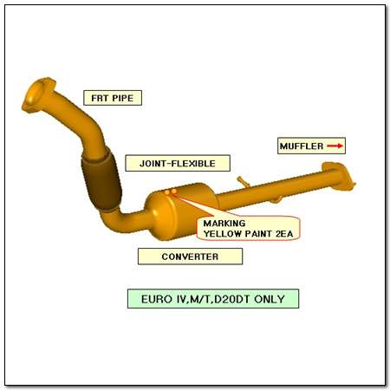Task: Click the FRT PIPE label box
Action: click(x=113, y=98)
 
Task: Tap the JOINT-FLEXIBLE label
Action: click(x=178, y=163)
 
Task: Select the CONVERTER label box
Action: click(x=190, y=257)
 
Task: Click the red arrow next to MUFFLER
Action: click(x=335, y=146)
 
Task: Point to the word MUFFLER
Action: click(x=302, y=146)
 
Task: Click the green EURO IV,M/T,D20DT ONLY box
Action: click(x=213, y=299)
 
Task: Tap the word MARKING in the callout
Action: click(x=224, y=224)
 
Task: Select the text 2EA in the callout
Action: click(x=284, y=234)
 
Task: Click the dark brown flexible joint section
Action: click(x=101, y=180)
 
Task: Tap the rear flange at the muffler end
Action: click(x=339, y=177)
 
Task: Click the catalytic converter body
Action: click(x=180, y=211)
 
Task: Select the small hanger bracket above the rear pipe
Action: click(x=243, y=182)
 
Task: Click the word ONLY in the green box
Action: click(x=270, y=299)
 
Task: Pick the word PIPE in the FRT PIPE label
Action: click(x=123, y=98)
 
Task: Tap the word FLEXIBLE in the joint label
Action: click(x=193, y=164)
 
